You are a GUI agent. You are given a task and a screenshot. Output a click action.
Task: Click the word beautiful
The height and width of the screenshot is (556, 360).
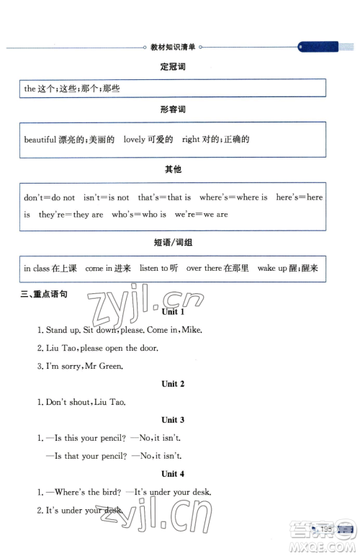(x=40, y=140)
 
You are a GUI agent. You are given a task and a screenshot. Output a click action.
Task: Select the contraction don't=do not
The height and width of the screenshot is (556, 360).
(x=49, y=197)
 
